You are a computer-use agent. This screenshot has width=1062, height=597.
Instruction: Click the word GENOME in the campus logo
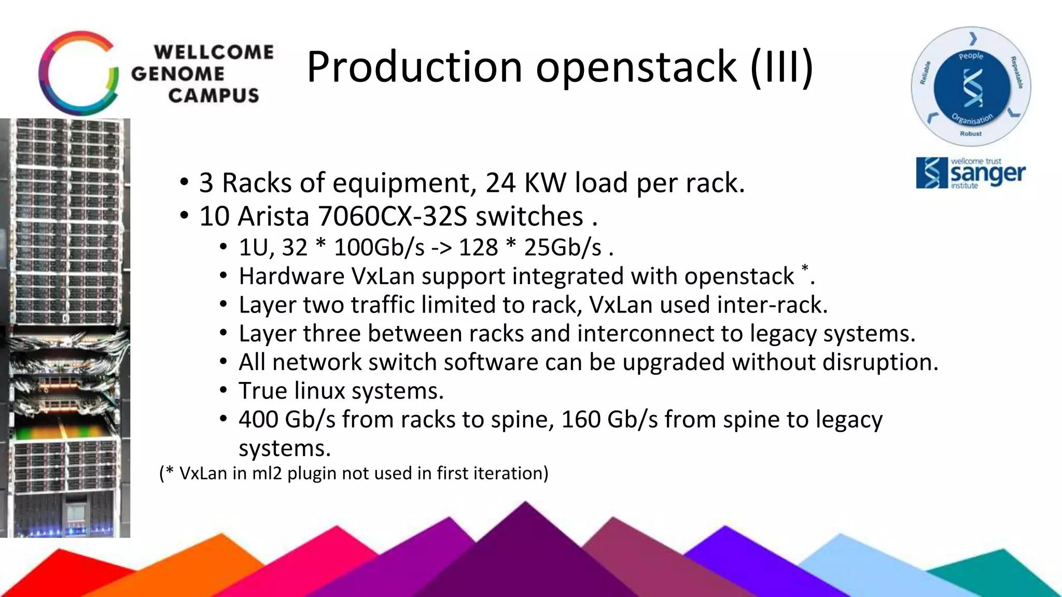tap(177, 74)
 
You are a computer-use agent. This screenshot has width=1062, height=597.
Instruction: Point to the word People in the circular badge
tap(971, 55)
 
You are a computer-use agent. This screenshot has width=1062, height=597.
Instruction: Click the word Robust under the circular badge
tap(971, 134)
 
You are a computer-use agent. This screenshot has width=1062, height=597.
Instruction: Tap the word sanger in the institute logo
tap(988, 174)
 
